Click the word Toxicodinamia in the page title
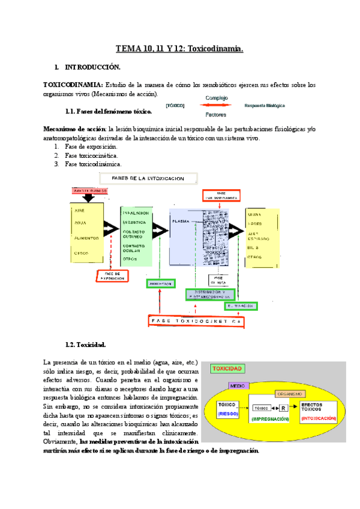click(215, 50)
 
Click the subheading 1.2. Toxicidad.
click(86, 345)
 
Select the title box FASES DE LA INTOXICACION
click(149, 178)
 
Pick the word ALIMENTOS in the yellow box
click(86, 238)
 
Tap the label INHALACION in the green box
click(136, 212)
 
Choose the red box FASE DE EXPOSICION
click(113, 276)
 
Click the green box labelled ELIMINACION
click(242, 306)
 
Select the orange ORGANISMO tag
click(293, 394)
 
